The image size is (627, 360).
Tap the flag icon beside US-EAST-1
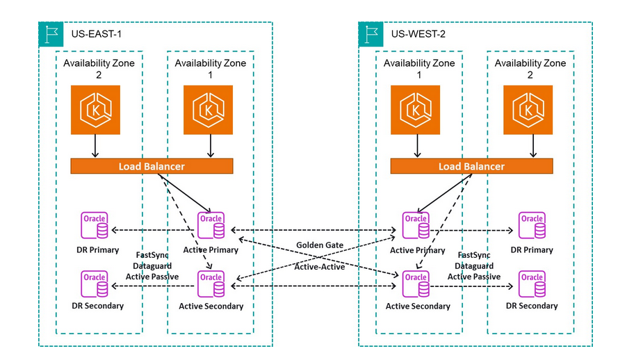[x=51, y=33]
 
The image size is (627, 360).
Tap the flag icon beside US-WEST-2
[x=370, y=33]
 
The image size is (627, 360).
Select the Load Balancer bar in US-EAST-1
[x=151, y=167]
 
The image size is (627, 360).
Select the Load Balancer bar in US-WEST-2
[x=471, y=167]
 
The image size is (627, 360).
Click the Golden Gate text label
[x=320, y=245]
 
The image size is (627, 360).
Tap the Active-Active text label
[x=320, y=266]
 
